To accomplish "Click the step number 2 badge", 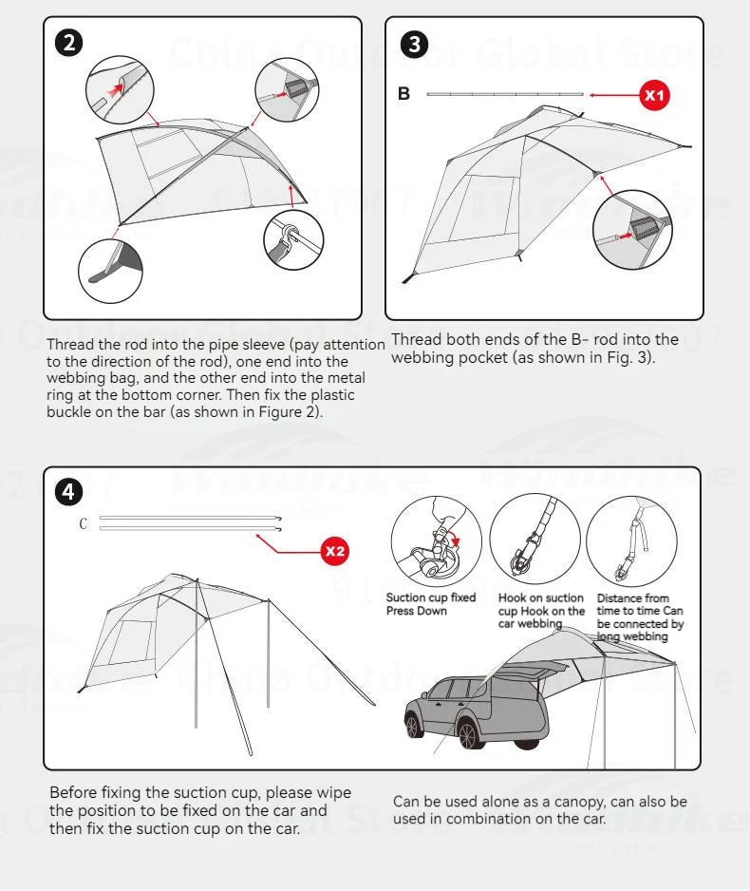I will (x=70, y=43).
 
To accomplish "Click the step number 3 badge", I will (x=415, y=43).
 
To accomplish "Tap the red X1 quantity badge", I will (x=655, y=95).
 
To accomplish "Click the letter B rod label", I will (x=403, y=95).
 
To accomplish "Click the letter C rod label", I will (x=84, y=523).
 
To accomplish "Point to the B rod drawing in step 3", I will (x=505, y=94).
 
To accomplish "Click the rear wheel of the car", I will (x=468, y=733).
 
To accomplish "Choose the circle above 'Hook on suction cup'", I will (x=534, y=542).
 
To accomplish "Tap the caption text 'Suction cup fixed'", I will (x=430, y=598).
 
